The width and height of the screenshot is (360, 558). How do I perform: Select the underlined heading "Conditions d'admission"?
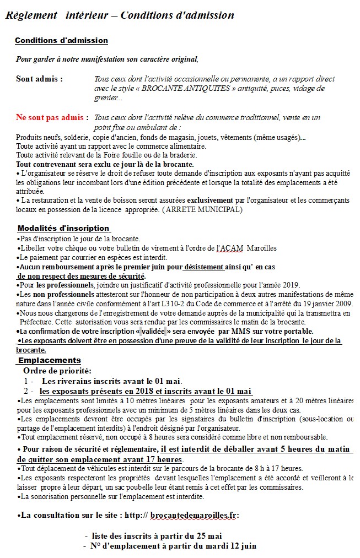(x=61, y=41)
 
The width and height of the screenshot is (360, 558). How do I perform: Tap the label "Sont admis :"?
(x=39, y=79)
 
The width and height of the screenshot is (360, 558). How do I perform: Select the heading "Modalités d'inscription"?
(x=63, y=228)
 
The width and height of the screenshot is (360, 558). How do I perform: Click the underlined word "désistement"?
(x=203, y=267)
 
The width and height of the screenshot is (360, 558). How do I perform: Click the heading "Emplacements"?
(x=49, y=360)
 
